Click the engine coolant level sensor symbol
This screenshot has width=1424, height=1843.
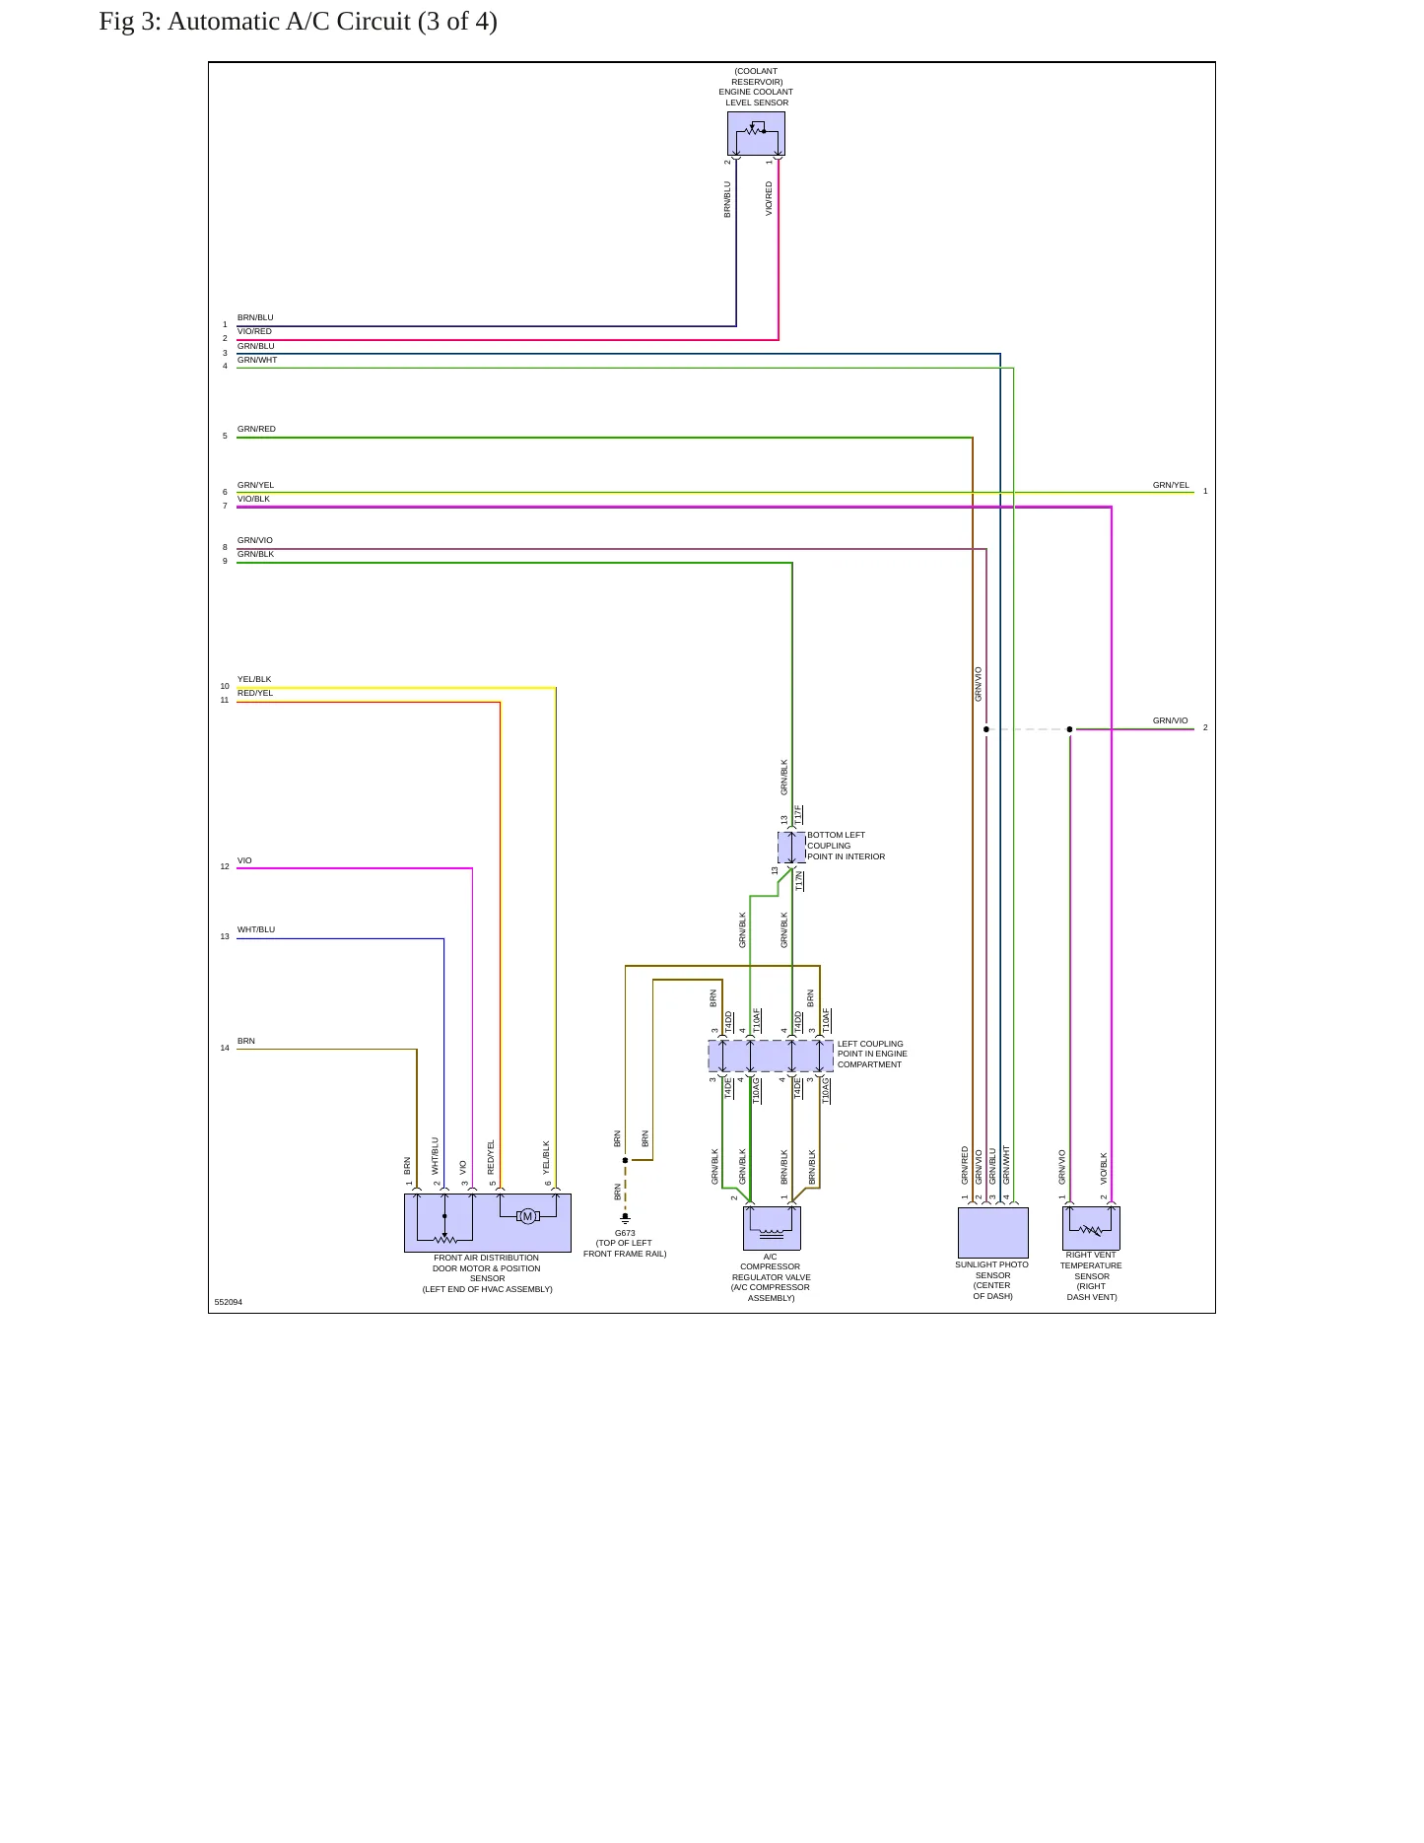[756, 133]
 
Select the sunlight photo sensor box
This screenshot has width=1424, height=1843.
[993, 1232]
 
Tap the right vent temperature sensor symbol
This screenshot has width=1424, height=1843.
[1091, 1228]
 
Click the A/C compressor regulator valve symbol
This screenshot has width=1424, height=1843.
[772, 1228]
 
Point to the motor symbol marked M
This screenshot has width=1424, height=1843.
[527, 1216]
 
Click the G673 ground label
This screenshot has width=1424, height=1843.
[625, 1233]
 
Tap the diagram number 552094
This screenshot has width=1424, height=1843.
[228, 1302]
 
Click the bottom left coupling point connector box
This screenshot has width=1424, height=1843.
[791, 848]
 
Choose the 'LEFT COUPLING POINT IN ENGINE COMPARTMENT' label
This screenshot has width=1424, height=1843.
[872, 1054]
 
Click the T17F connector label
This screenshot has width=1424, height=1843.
[798, 815]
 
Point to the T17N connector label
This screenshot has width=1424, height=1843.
[799, 880]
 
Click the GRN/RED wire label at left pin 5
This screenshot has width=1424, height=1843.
[256, 429]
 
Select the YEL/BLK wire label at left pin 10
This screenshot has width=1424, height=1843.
[254, 679]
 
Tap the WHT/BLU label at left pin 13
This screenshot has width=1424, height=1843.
[256, 929]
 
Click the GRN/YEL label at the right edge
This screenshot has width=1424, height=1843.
[1171, 485]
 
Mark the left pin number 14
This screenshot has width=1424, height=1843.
[225, 1048]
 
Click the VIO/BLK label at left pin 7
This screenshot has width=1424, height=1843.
[253, 499]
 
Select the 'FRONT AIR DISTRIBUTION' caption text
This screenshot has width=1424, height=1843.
[486, 1258]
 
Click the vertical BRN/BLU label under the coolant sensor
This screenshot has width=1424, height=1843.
[727, 199]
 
